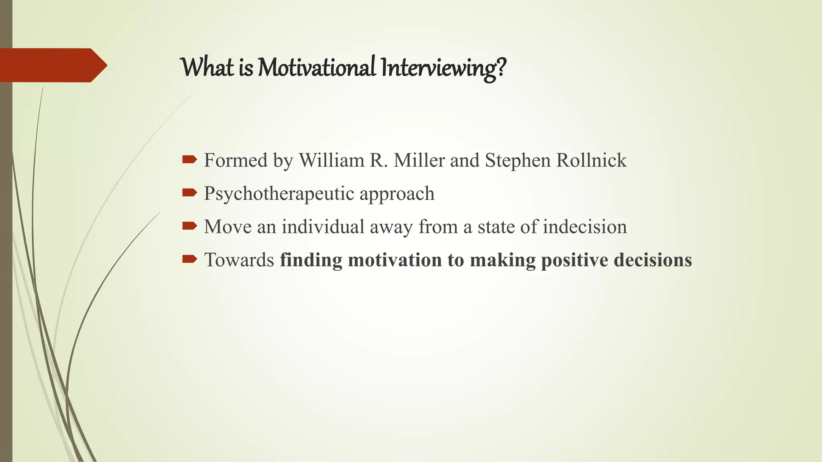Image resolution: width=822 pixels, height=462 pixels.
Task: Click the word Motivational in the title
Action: pyautogui.click(x=316, y=67)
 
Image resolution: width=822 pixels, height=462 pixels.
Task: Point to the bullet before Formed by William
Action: pyautogui.click(x=189, y=160)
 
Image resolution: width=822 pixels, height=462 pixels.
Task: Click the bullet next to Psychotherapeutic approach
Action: pyautogui.click(x=189, y=193)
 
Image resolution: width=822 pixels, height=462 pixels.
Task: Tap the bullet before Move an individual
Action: pyautogui.click(x=189, y=226)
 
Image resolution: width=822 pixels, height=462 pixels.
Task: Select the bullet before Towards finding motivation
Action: pyautogui.click(x=189, y=259)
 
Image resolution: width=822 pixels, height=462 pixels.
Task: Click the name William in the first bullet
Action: pyautogui.click(x=332, y=160)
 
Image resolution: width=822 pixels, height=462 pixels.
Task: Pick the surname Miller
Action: pyautogui.click(x=419, y=160)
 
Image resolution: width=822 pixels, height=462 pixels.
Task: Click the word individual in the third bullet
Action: pyautogui.click(x=323, y=227)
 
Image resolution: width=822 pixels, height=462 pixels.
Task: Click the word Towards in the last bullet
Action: pyautogui.click(x=239, y=260)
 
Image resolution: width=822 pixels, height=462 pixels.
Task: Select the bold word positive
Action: pyautogui.click(x=575, y=260)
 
